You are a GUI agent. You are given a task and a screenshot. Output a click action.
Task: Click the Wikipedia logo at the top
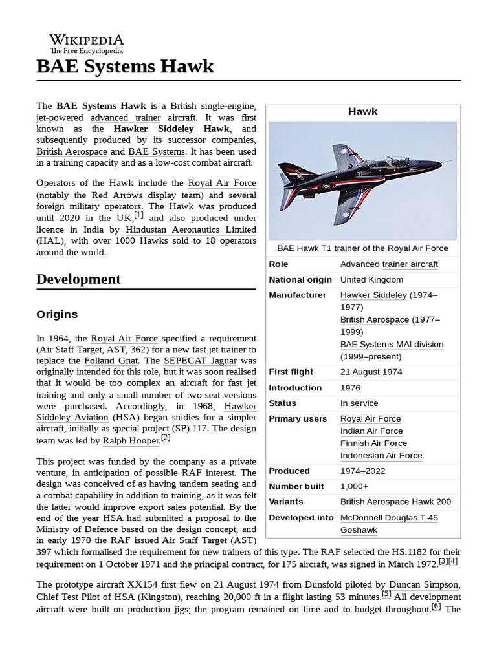(87, 43)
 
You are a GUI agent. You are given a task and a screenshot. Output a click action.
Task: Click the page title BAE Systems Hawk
(125, 67)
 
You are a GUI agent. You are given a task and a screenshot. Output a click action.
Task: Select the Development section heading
(78, 279)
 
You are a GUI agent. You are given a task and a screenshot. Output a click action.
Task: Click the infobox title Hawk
(362, 111)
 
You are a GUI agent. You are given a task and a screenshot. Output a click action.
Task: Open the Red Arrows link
(109, 195)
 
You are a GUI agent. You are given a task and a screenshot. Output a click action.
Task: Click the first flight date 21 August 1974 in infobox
(371, 372)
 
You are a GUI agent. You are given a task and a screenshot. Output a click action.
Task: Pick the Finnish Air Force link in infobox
(373, 443)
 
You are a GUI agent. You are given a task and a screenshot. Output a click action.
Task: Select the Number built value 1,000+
(354, 486)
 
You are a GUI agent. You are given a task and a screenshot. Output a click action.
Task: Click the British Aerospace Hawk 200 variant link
(395, 502)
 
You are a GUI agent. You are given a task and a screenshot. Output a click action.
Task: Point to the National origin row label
(300, 279)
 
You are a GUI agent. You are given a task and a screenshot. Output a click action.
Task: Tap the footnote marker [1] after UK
(139, 216)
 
